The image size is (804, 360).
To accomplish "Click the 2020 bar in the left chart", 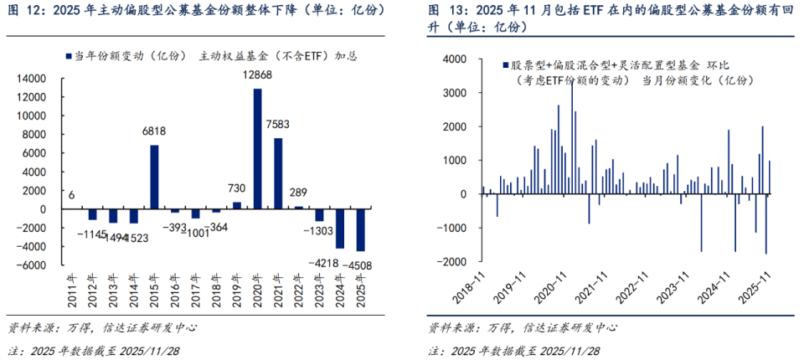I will coord(258,148).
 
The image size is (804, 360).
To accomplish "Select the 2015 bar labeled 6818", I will coord(154,177).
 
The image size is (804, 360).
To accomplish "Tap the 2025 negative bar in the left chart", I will coord(361,229).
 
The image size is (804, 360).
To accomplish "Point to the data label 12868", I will coord(259,77).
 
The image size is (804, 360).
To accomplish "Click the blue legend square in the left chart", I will coord(68,56).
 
